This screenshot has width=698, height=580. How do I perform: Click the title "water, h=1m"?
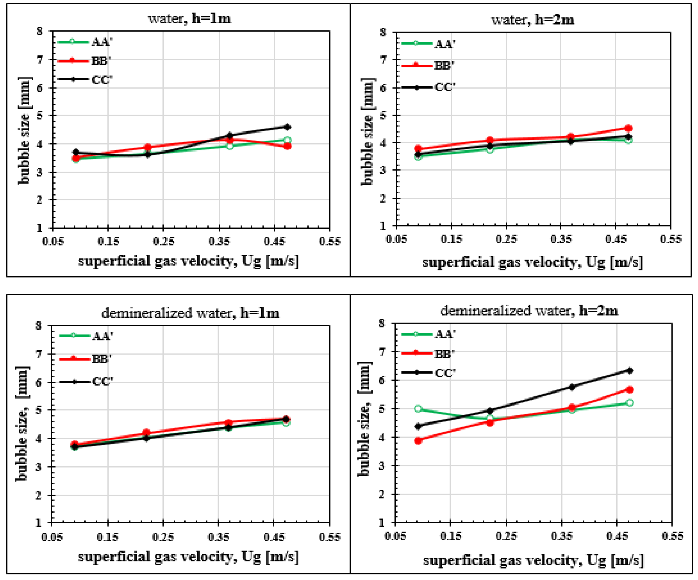(x=189, y=18)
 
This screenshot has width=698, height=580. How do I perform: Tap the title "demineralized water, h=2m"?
(x=529, y=311)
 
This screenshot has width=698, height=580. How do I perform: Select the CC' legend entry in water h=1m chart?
(x=102, y=80)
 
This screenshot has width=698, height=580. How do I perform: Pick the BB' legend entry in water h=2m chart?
(x=444, y=66)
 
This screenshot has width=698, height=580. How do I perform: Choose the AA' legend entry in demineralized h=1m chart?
(x=102, y=336)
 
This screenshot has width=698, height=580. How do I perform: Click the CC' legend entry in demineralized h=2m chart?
(x=445, y=373)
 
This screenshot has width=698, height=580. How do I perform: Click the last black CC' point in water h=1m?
(x=287, y=127)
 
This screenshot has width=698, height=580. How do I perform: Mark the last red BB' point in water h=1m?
(x=287, y=146)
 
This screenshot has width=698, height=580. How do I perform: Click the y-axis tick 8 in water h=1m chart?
(x=40, y=31)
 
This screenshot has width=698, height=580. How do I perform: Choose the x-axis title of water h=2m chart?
(x=532, y=263)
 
